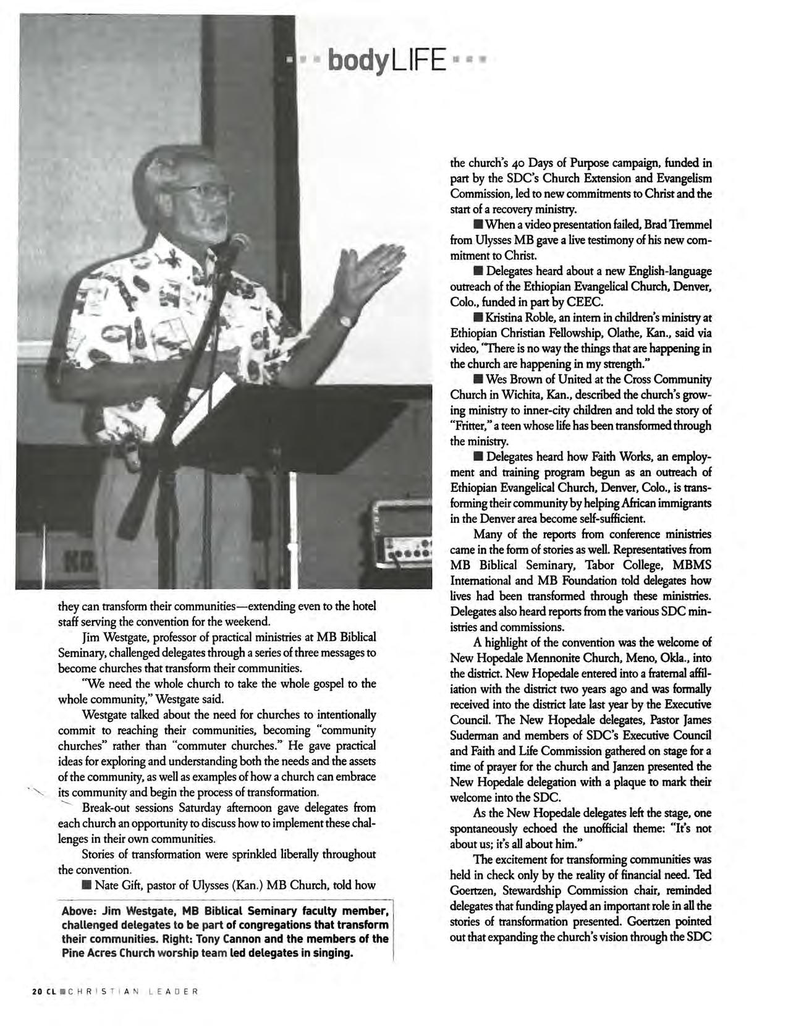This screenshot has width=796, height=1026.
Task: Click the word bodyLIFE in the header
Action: click(387, 61)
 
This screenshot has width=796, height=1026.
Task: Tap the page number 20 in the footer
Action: click(36, 991)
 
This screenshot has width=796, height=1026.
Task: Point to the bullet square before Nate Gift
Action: click(87, 886)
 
